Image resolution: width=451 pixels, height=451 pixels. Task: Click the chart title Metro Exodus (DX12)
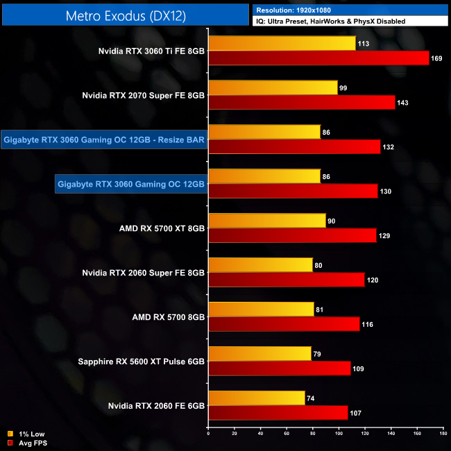[125, 15]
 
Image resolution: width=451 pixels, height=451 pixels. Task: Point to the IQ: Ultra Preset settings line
[330, 22]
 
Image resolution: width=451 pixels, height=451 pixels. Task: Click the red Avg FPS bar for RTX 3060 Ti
[319, 58]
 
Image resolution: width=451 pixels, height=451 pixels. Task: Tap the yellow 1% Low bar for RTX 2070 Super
[273, 87]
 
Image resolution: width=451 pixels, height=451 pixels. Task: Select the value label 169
[436, 58]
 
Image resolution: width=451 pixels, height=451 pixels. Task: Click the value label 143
[402, 103]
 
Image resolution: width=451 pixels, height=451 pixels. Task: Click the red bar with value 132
[294, 146]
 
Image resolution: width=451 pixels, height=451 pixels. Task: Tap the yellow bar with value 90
[267, 221]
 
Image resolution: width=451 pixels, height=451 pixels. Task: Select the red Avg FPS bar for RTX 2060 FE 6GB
[278, 412]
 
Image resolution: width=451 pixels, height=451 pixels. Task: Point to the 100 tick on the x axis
[339, 434]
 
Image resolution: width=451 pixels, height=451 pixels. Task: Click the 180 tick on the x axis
[443, 434]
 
